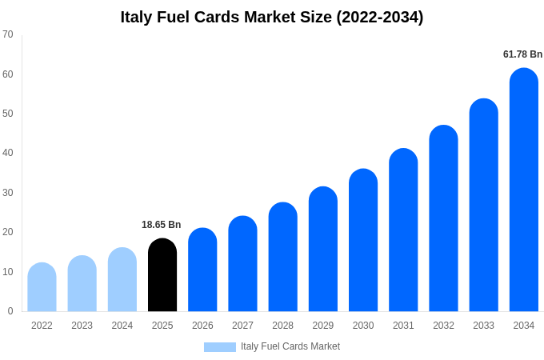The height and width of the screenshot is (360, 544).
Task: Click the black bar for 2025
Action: [162, 275]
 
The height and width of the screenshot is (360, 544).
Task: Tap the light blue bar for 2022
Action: [42, 287]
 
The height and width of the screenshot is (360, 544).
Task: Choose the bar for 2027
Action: [242, 264]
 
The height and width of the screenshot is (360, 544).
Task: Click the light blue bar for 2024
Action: [122, 279]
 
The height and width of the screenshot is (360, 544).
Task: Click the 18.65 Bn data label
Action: [162, 225]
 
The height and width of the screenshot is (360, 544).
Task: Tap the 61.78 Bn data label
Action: [522, 54]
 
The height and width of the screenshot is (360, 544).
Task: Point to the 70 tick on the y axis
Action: [8, 34]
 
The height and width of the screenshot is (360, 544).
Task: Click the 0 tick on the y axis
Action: [10, 311]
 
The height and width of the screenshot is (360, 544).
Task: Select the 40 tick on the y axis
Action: [8, 153]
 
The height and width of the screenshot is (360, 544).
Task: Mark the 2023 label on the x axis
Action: [82, 326]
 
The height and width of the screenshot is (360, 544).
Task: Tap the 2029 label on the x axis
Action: [323, 326]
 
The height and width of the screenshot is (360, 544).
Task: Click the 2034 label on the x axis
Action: [524, 326]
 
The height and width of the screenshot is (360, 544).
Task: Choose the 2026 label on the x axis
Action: [202, 326]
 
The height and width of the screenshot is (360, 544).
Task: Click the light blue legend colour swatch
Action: [220, 347]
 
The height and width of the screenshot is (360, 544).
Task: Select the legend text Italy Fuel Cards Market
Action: [290, 346]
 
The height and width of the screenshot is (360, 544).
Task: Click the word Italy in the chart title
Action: [137, 17]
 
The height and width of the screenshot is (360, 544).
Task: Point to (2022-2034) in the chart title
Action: [380, 17]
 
